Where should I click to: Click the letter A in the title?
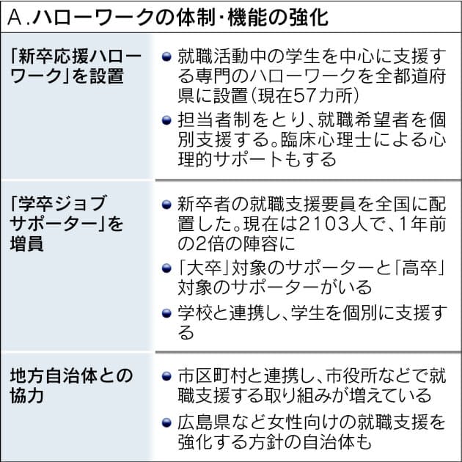(15, 18)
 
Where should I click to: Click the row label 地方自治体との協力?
(71, 386)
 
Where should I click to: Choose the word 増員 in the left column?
(27, 243)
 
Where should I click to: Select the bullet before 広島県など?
(166, 423)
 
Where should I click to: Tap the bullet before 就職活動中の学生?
(166, 56)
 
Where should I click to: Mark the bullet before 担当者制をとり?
(166, 120)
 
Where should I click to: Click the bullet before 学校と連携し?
(166, 313)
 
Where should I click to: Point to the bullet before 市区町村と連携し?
(166, 376)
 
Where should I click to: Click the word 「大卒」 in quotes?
(204, 268)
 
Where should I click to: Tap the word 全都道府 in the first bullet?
(410, 76)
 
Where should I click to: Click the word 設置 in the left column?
(106, 76)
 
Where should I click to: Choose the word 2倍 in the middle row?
(204, 243)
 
